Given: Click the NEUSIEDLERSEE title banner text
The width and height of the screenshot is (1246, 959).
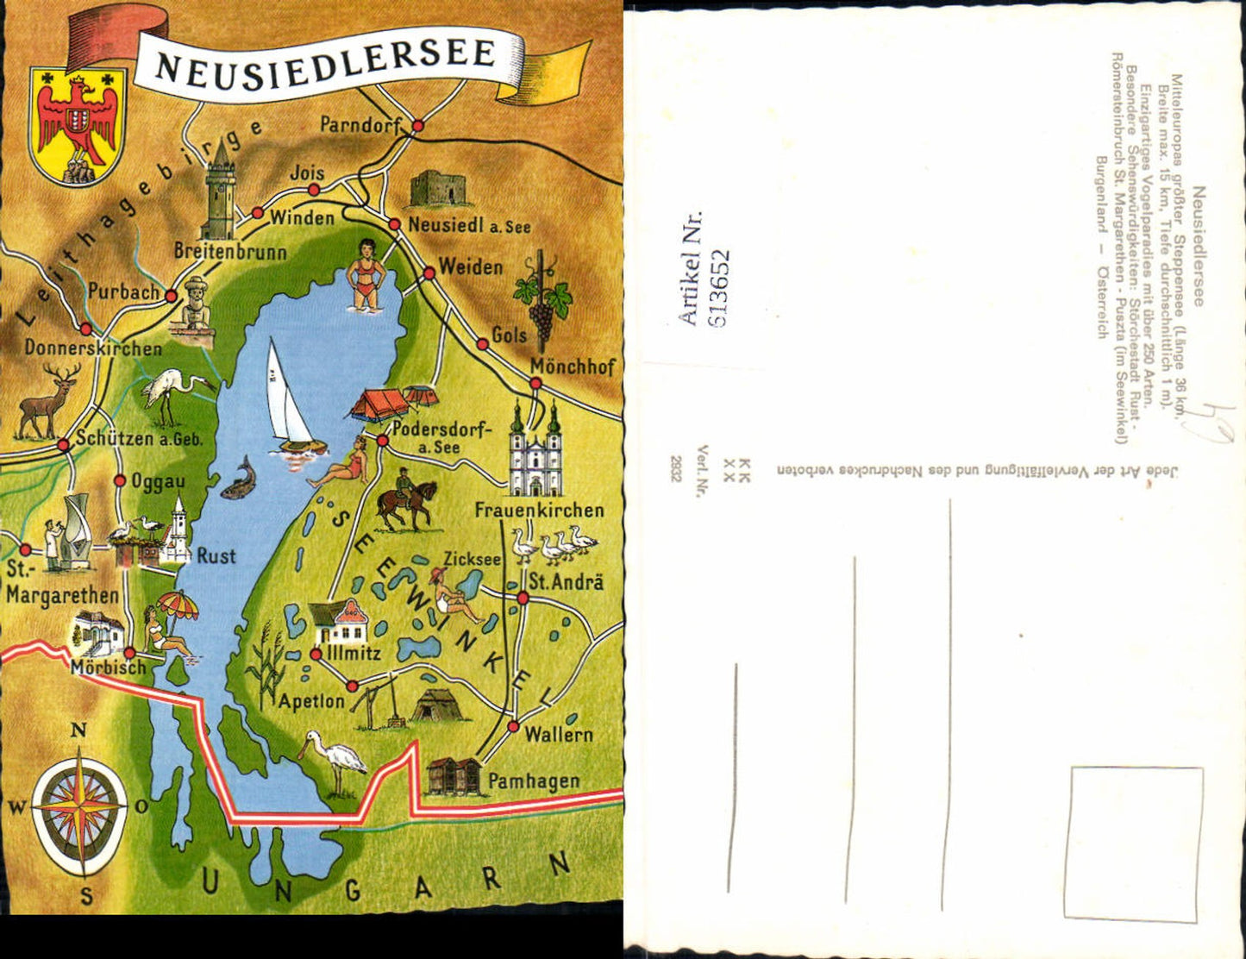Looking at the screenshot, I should click(x=327, y=60).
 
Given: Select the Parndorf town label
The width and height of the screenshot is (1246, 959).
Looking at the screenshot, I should click(x=361, y=125).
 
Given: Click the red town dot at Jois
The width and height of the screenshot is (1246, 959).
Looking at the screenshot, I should click(x=315, y=189).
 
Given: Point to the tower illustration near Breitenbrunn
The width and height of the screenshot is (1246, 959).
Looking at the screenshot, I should click(x=219, y=193).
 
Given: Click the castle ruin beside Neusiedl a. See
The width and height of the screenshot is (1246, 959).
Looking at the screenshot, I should click(x=438, y=189).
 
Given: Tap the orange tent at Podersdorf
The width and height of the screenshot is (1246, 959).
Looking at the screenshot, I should click(x=380, y=404).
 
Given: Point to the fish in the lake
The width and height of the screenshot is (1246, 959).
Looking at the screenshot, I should click(x=239, y=479).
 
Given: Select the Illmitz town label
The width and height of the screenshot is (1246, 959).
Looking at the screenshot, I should click(x=353, y=653).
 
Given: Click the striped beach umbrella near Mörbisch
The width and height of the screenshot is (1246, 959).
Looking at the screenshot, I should click(x=177, y=605).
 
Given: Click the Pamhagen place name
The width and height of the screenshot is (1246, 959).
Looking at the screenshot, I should click(x=533, y=781).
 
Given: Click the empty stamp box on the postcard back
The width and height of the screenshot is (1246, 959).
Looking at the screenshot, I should click(x=1136, y=843).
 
